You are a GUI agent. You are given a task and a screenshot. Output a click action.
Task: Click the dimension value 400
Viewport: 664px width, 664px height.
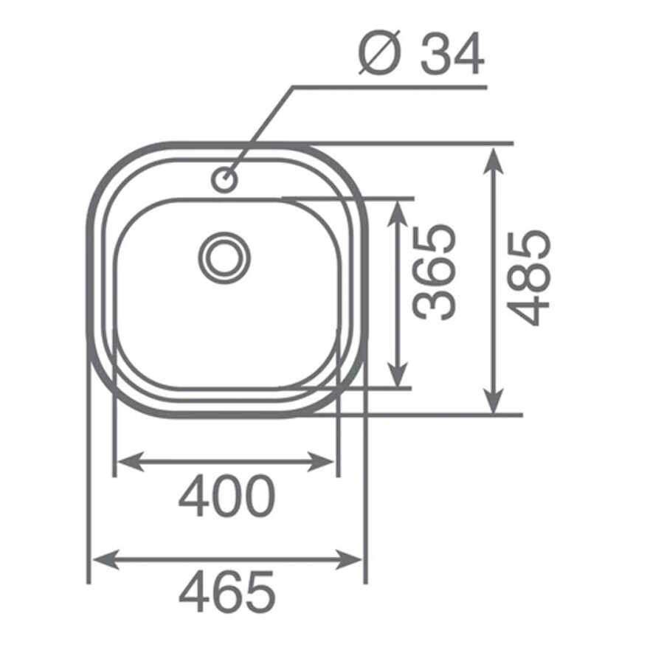(x=227, y=496)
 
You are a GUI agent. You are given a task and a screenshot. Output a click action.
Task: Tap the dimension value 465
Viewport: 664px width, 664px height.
(x=227, y=592)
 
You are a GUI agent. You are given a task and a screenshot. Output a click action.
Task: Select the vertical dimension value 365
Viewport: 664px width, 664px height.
(x=435, y=272)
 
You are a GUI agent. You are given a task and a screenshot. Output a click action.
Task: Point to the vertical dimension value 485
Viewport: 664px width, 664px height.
(x=529, y=278)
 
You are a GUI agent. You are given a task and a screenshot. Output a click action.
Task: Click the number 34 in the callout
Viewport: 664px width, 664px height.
(x=452, y=54)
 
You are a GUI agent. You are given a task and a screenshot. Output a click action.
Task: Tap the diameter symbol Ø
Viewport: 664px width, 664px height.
(x=379, y=53)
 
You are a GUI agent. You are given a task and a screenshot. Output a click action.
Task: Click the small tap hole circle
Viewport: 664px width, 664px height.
(x=224, y=180)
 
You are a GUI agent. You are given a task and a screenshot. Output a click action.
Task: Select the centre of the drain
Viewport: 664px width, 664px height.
(x=224, y=258)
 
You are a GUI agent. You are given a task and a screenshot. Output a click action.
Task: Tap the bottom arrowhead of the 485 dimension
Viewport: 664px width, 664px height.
(x=493, y=399)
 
